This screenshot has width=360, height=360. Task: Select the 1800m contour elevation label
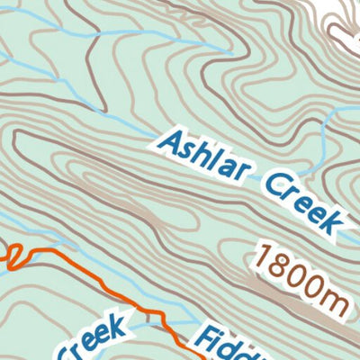pyautogui.click(x=301, y=275)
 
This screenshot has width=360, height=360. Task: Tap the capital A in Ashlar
pyautogui.click(x=168, y=141)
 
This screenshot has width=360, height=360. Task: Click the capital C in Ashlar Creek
pyautogui.click(x=271, y=186)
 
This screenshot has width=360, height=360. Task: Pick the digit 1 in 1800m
pyautogui.click(x=262, y=258)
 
